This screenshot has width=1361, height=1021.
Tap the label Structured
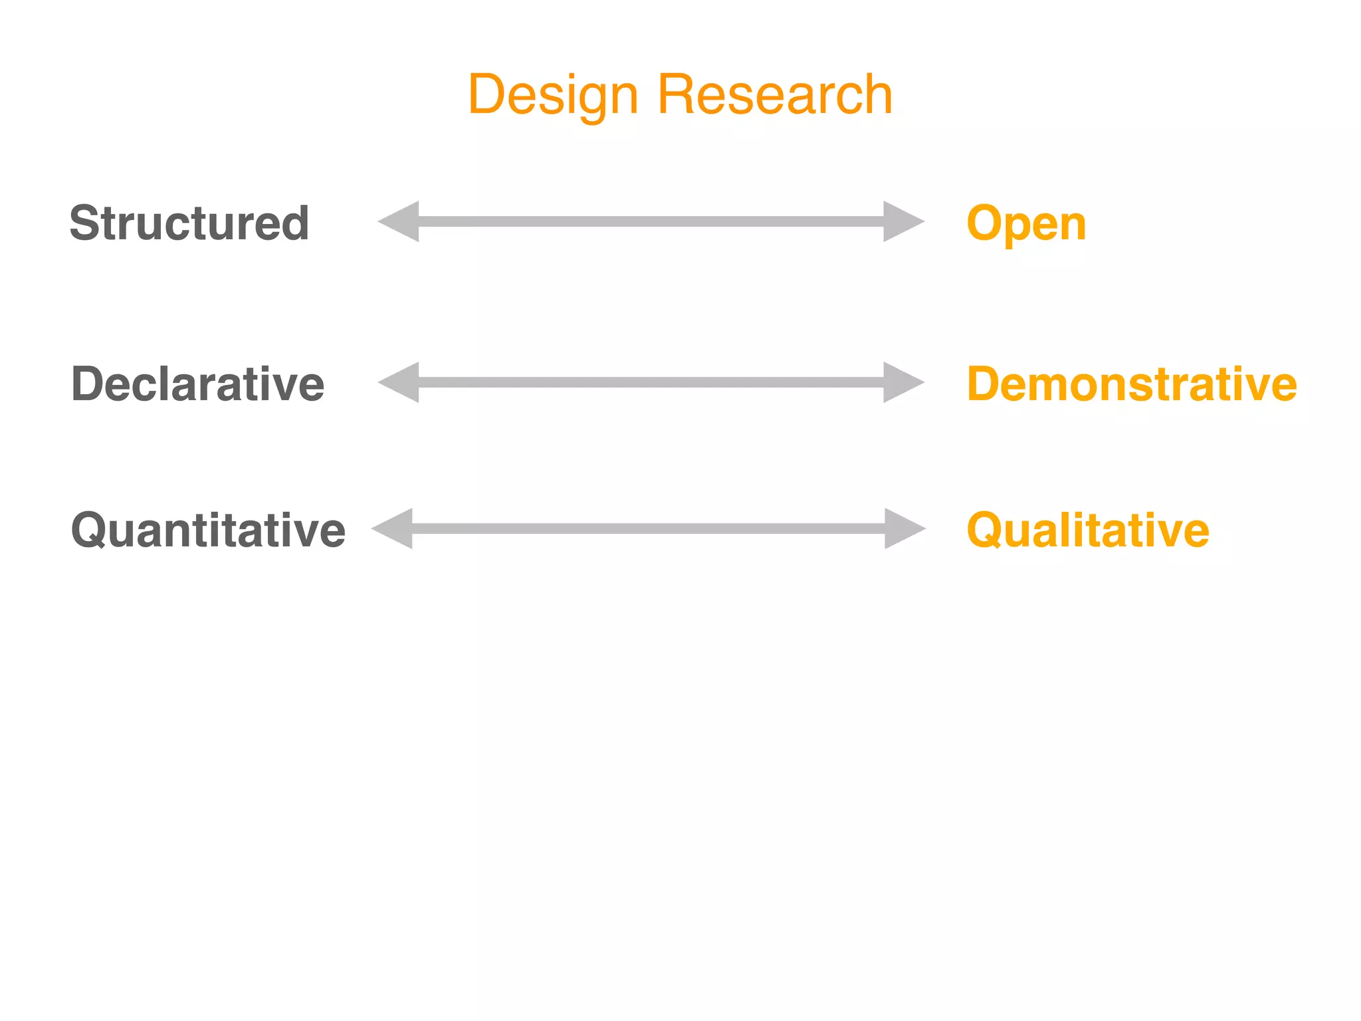(x=189, y=223)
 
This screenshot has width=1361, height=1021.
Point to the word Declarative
(x=197, y=384)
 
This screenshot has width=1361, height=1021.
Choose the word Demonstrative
(x=1131, y=384)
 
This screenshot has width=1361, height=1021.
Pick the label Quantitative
(x=208, y=530)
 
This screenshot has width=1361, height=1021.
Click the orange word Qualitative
(x=1088, y=530)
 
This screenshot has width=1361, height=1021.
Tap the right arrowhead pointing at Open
(x=902, y=221)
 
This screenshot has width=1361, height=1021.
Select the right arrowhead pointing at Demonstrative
(x=902, y=382)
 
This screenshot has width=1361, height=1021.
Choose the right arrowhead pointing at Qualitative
(x=904, y=528)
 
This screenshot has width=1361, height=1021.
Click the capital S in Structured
(x=84, y=223)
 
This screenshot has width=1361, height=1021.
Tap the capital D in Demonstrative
(x=984, y=384)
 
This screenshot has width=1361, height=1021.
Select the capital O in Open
(x=984, y=223)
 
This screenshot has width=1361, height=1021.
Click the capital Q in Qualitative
(x=985, y=530)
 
